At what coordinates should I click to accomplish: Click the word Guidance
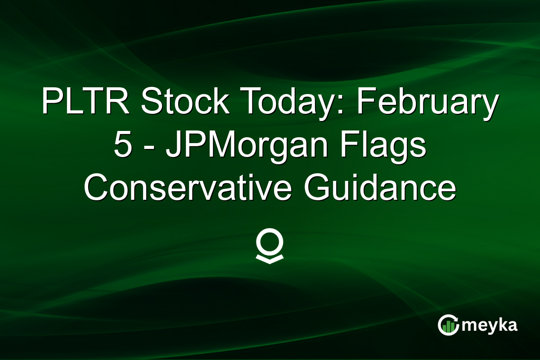(x=379, y=189)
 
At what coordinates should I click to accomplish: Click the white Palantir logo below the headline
(x=270, y=247)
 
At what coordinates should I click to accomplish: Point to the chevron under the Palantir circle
(x=270, y=259)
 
